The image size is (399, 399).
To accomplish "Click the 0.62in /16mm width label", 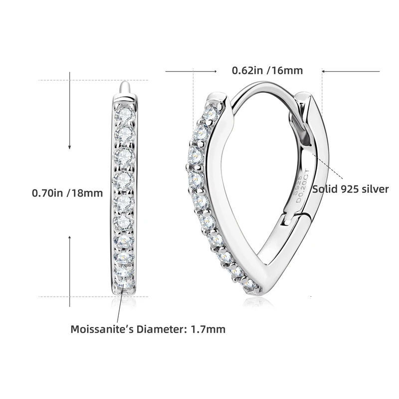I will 267,70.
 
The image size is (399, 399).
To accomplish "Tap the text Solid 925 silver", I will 350,189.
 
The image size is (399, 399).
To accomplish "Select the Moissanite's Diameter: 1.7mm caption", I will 148,329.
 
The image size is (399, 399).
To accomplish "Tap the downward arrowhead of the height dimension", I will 70,147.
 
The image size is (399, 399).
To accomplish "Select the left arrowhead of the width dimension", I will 192,71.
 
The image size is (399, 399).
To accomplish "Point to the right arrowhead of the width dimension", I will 324,71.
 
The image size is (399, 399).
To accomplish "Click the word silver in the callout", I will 376,189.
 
